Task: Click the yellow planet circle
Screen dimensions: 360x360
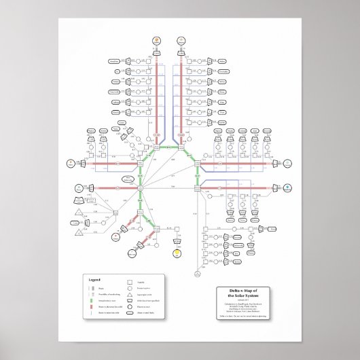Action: pos(176,253)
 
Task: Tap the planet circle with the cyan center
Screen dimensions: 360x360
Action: pos(287,187)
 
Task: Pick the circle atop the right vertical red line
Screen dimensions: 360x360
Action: pos(181,41)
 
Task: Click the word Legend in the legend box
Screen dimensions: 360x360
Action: pos(94,279)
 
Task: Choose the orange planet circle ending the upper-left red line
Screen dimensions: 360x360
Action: pos(71,163)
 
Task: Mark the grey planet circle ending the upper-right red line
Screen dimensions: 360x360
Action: pos(287,163)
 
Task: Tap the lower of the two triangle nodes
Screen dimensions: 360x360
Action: pos(78,232)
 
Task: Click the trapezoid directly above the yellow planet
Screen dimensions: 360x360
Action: pos(176,240)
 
